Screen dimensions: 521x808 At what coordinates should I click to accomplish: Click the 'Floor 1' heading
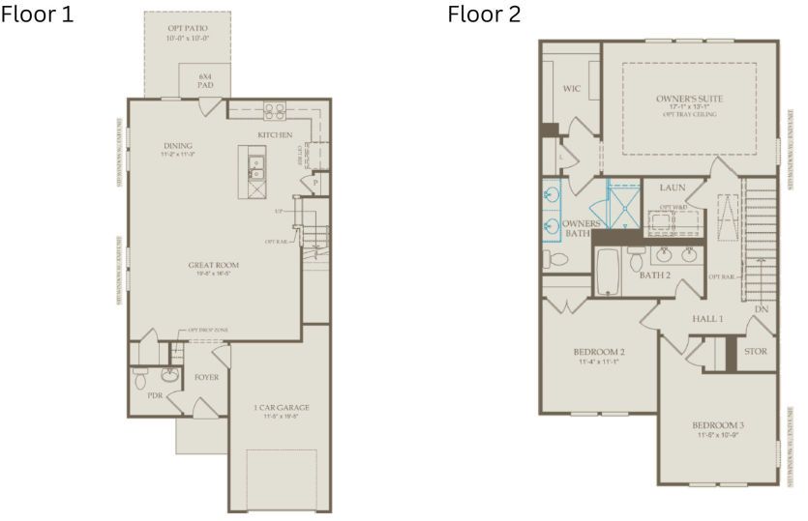pyautogui.click(x=38, y=15)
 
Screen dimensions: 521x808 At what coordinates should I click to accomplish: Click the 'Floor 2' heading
pyautogui.click(x=483, y=15)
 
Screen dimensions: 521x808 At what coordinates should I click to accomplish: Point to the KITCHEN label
pyautogui.click(x=275, y=134)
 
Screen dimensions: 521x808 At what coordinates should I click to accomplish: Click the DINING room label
pyautogui.click(x=178, y=147)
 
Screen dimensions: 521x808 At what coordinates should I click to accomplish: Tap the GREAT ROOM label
pyautogui.click(x=214, y=264)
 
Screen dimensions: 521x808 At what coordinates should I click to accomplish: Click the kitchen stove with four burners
pyautogui.click(x=275, y=110)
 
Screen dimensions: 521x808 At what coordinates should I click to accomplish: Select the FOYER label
pyautogui.click(x=207, y=377)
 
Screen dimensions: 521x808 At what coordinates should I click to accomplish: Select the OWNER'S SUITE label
pyautogui.click(x=689, y=99)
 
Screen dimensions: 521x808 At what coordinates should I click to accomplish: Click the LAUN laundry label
pyautogui.click(x=673, y=187)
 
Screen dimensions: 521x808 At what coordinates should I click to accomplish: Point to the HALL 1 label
pyautogui.click(x=707, y=318)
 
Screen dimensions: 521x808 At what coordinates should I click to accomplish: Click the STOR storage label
pyautogui.click(x=755, y=351)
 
